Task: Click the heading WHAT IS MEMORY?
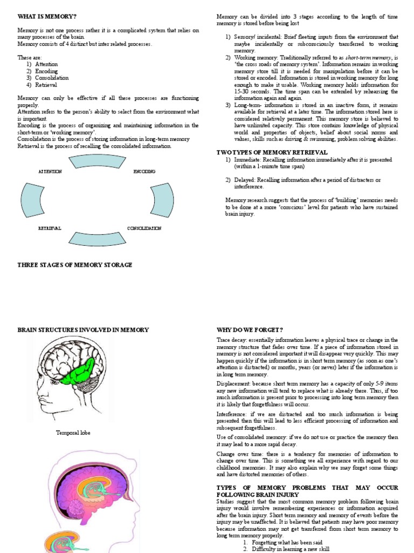coord(40,17)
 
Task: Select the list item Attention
coord(46,64)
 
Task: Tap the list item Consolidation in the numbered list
coord(52,78)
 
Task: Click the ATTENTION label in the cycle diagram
coord(50,171)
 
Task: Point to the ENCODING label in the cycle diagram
coord(144,171)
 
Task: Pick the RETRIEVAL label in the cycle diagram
coord(50,228)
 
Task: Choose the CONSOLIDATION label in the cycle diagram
coord(144,228)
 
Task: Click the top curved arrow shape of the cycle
coord(97,161)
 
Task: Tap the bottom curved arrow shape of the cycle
coord(97,238)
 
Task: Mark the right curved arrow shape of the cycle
coord(162,199)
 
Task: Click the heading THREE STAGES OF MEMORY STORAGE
coord(74,265)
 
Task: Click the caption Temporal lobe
coord(73,433)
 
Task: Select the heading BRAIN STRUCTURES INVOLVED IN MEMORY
coord(83,329)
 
